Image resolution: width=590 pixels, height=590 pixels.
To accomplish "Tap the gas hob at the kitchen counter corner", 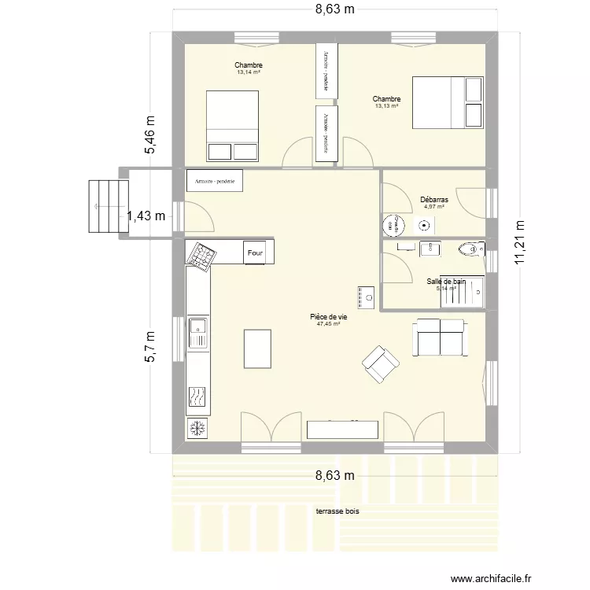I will [x=200, y=255].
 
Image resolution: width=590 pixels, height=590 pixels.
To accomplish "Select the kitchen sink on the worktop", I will [x=197, y=333].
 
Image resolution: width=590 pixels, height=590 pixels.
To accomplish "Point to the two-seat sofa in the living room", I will [x=440, y=337].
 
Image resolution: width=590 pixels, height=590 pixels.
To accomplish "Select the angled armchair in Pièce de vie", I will [x=381, y=364].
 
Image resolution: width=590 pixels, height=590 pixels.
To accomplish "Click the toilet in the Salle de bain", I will [x=471, y=250].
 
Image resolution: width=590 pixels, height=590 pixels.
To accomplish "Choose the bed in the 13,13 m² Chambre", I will [x=448, y=102].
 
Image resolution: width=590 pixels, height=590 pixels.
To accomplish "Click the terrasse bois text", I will [x=338, y=511].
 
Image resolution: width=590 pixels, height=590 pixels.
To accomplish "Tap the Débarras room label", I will [x=433, y=200].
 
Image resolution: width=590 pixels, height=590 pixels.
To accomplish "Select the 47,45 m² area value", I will [x=328, y=323].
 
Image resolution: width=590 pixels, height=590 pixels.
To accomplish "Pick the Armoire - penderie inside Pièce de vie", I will [x=215, y=181].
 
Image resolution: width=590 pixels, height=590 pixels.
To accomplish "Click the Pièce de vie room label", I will [x=329, y=317].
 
